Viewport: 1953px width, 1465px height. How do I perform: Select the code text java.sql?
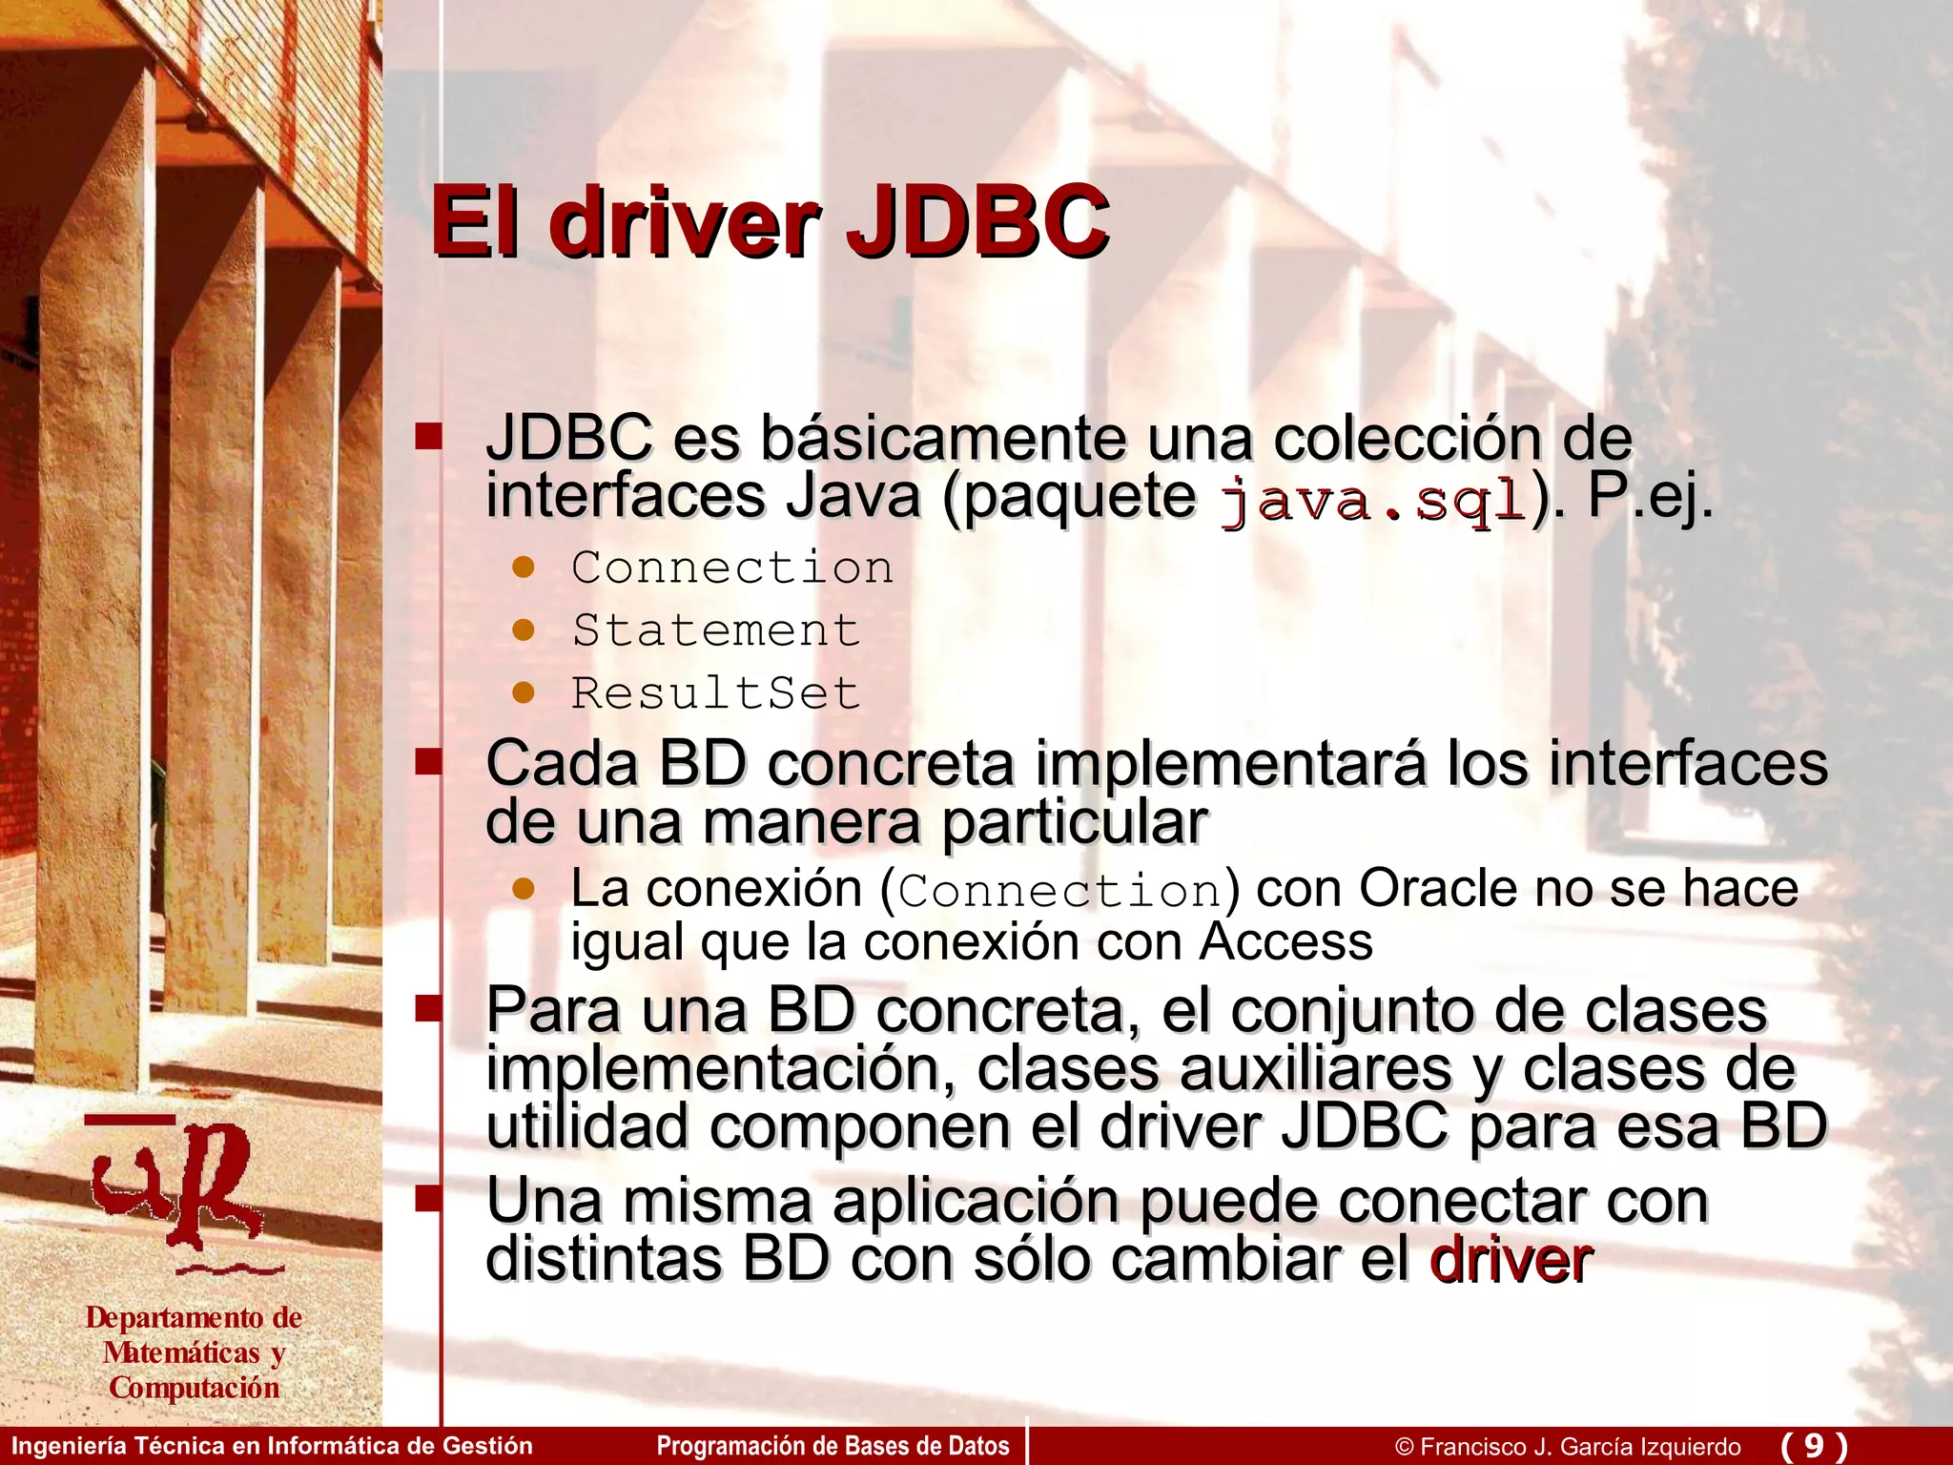[1373, 500]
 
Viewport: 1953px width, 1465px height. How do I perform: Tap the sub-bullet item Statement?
[716, 630]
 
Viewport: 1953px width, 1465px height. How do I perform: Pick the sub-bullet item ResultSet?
[716, 693]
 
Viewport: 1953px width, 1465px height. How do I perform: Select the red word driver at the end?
[1511, 1260]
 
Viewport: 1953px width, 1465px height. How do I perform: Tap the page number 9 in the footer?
[1814, 1446]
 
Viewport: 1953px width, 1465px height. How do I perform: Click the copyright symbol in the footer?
[1404, 1447]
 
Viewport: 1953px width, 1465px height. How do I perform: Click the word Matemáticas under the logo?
[181, 1352]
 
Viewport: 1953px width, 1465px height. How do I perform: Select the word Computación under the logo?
[195, 1388]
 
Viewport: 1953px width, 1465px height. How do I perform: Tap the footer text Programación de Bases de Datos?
[833, 1446]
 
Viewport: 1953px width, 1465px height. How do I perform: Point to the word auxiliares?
[1316, 1069]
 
